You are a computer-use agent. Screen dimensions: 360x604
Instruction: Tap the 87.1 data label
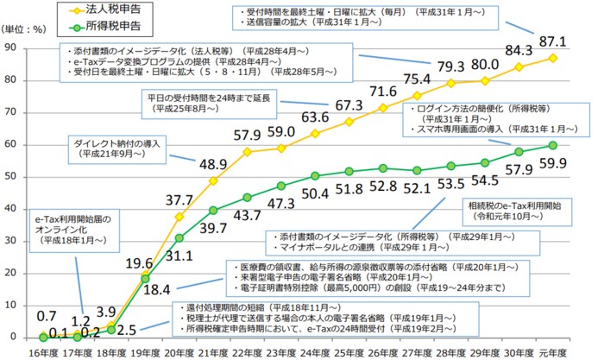click(x=551, y=41)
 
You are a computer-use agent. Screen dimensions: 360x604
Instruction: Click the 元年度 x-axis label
click(x=551, y=351)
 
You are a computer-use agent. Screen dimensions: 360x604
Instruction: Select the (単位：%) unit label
click(x=27, y=28)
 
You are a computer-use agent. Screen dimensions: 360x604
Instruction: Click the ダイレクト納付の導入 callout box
click(x=120, y=146)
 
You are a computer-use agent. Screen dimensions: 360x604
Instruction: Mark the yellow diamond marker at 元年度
click(x=551, y=58)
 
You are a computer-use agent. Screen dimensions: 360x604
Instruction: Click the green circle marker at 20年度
click(x=179, y=237)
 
